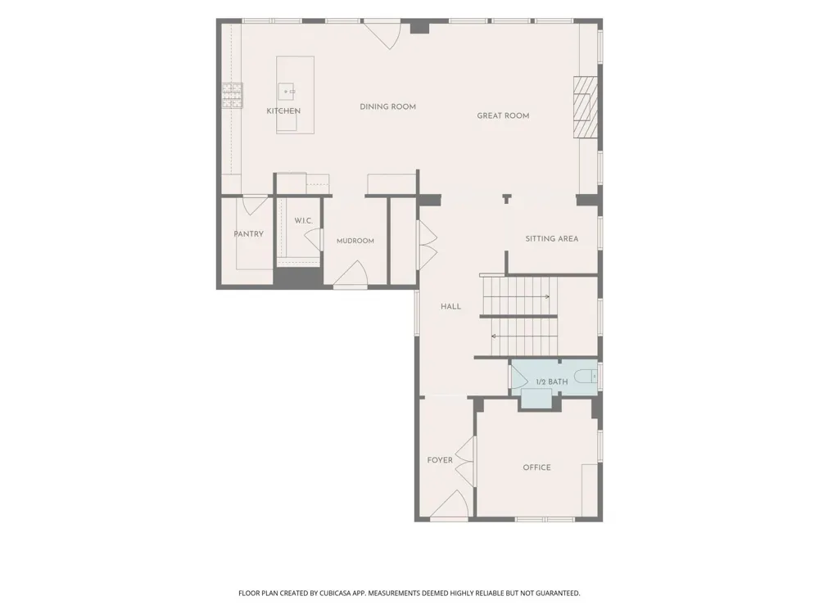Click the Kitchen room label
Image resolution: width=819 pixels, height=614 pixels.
pyautogui.click(x=283, y=111)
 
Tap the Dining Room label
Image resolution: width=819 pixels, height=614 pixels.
pyautogui.click(x=388, y=106)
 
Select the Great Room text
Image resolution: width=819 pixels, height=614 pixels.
pyautogui.click(x=503, y=116)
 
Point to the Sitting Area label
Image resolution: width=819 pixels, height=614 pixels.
pyautogui.click(x=551, y=238)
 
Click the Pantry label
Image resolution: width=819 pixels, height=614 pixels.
pyautogui.click(x=249, y=234)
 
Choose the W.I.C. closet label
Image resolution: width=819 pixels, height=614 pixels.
pyautogui.click(x=304, y=221)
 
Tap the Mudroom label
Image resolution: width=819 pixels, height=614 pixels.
pyautogui.click(x=355, y=241)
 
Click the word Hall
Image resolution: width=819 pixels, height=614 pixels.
pyautogui.click(x=450, y=306)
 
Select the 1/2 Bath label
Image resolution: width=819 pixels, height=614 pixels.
pyautogui.click(x=551, y=381)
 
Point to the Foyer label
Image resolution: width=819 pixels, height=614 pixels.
pyautogui.click(x=440, y=460)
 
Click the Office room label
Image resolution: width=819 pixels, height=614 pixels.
pyautogui.click(x=537, y=467)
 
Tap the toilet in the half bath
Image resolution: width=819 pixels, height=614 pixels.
pyautogui.click(x=585, y=376)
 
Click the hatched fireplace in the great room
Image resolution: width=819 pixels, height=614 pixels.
pyautogui.click(x=585, y=107)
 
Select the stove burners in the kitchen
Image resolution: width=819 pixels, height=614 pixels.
pyautogui.click(x=233, y=96)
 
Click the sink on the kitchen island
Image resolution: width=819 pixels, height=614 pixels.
pyautogui.click(x=286, y=92)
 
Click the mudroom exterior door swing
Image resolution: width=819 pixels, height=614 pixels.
pyautogui.click(x=351, y=273)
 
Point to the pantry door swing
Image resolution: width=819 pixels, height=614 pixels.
pyautogui.click(x=256, y=205)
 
